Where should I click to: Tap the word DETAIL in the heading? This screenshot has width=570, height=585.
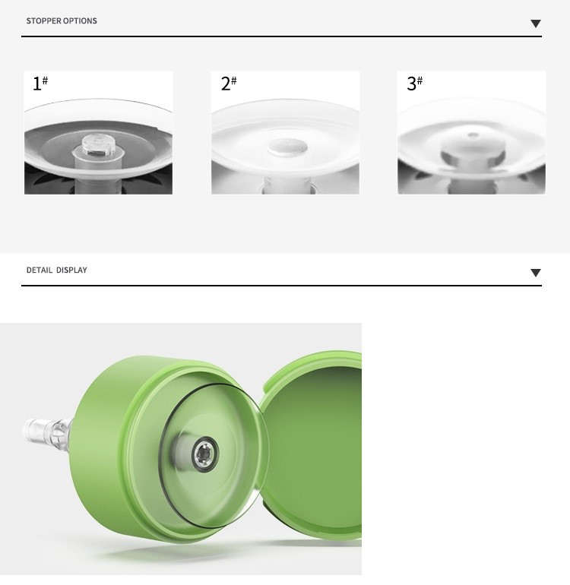[40, 270]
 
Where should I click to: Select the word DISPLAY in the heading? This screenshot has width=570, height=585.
[71, 270]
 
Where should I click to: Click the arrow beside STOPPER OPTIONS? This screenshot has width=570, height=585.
[536, 24]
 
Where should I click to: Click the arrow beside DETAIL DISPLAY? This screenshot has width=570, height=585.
[536, 272]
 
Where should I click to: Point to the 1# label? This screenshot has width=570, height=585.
[40, 84]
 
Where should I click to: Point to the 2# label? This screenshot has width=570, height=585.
[229, 84]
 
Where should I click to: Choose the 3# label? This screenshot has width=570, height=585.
[414, 84]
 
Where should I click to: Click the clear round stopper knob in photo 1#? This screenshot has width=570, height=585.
[97, 145]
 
